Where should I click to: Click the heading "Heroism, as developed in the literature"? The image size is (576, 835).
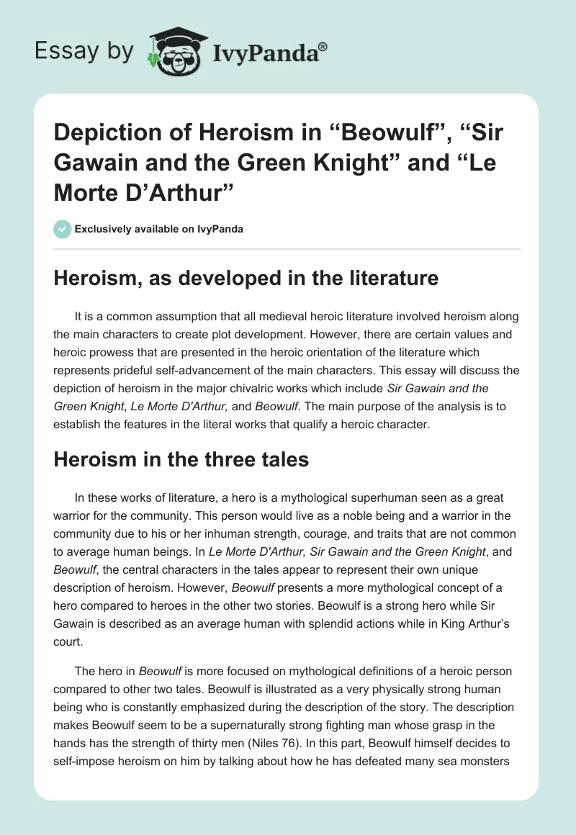(246, 279)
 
